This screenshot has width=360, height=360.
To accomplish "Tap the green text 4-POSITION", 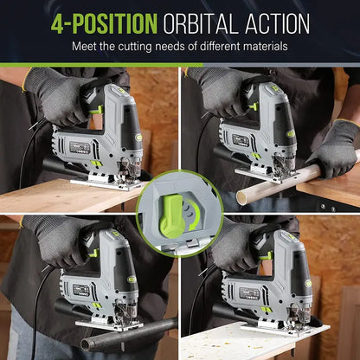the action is pyautogui.click(x=104, y=23).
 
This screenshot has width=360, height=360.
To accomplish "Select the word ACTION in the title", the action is pyautogui.click(x=278, y=23).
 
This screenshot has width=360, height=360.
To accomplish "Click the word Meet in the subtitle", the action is pyautogui.click(x=84, y=47).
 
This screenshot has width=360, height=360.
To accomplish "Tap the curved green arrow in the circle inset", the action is pyautogui.click(x=194, y=215).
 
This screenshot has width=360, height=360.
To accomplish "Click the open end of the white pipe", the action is pyautogui.click(x=242, y=198).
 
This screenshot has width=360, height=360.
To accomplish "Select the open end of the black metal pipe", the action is pyautogui.click(x=86, y=344).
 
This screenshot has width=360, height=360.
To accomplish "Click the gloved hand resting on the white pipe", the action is pyautogui.click(x=335, y=149).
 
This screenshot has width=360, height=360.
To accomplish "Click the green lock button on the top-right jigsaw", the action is pyautogui.click(x=254, y=107).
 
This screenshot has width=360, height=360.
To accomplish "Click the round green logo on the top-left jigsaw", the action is pyautogui.click(x=139, y=138).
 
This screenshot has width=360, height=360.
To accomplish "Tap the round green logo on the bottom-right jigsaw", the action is pyautogui.click(x=309, y=284).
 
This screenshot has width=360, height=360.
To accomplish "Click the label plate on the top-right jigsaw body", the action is pyautogui.click(x=241, y=139).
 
